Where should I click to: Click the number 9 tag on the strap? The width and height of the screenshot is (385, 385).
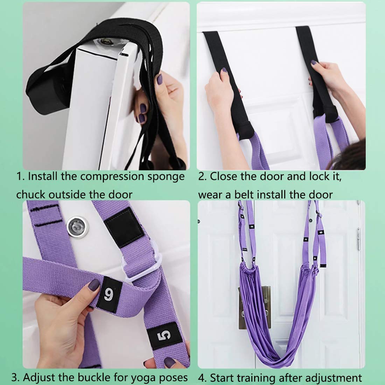[109, 294]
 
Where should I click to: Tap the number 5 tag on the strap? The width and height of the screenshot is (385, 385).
[164, 336]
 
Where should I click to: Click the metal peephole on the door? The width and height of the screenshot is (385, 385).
[77, 227]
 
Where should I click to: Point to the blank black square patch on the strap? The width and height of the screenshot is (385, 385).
[124, 227]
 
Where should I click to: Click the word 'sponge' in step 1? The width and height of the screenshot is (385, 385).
[166, 177]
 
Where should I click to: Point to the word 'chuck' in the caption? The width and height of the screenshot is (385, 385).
[31, 195]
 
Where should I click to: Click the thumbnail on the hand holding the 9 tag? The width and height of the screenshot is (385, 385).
[93, 285]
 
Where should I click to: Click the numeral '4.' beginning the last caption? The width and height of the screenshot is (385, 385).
[202, 378]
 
